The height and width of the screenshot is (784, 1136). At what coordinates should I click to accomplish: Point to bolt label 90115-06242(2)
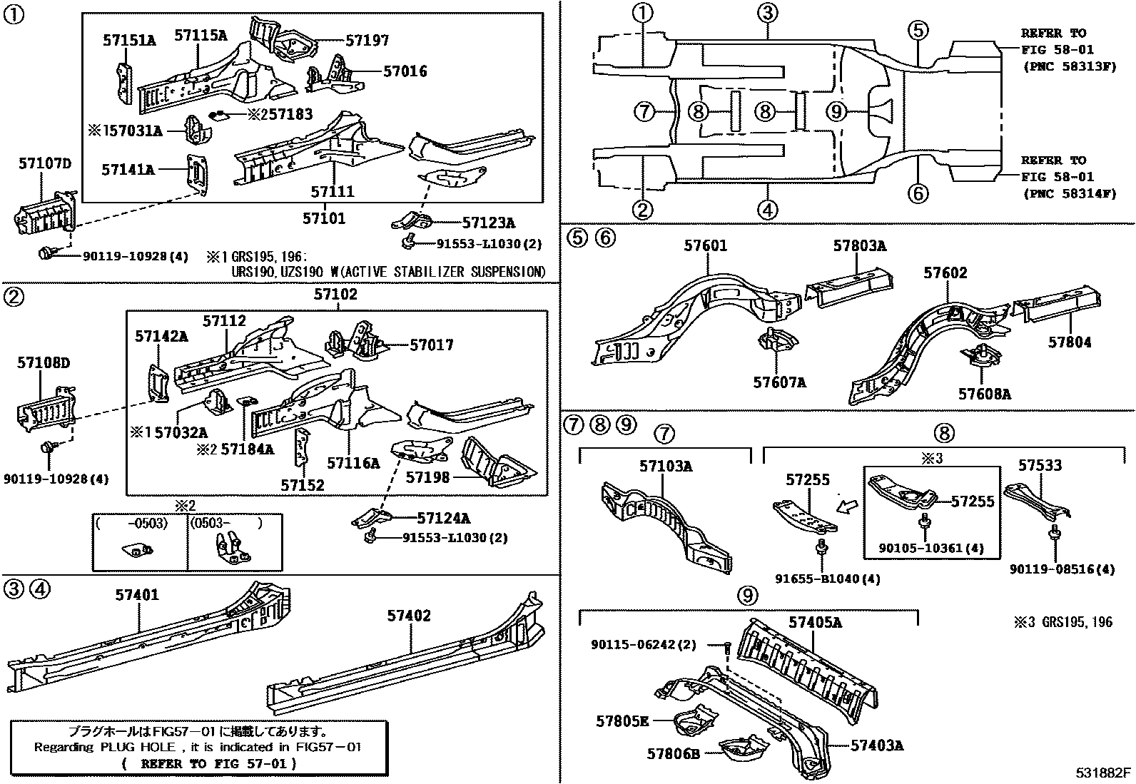(642, 644)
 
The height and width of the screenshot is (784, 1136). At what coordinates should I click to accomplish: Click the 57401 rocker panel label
(138, 595)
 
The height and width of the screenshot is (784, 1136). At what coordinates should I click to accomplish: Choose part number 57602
(945, 273)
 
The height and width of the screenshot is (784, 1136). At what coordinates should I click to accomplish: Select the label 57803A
(859, 247)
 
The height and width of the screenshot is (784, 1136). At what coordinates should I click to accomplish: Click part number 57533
(1040, 466)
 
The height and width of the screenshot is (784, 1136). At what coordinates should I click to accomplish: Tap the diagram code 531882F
(1104, 773)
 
